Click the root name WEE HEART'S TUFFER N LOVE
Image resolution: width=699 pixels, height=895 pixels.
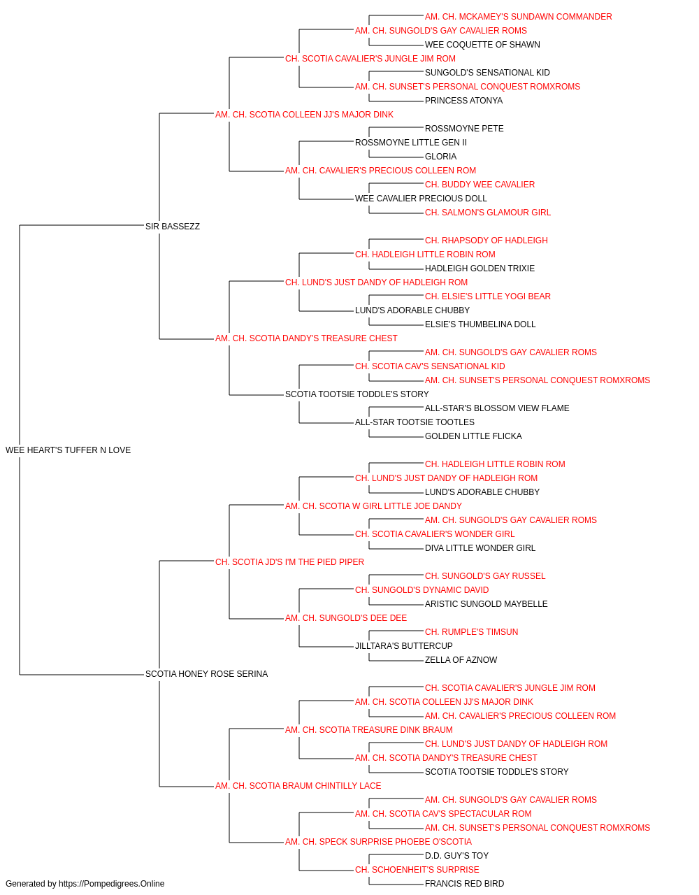[68, 450]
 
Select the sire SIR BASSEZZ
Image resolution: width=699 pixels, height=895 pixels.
[173, 227]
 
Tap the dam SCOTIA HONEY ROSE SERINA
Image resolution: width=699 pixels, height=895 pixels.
[206, 674]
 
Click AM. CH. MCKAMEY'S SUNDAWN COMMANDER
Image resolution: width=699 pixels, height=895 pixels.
[518, 17]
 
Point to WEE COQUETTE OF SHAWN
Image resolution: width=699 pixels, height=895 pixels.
[482, 45]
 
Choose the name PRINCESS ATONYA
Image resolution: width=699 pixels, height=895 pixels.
[463, 101]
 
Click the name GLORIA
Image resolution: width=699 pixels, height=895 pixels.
[440, 157]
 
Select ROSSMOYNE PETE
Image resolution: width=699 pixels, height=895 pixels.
[464, 129]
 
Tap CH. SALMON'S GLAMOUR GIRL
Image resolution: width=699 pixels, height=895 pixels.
[488, 213]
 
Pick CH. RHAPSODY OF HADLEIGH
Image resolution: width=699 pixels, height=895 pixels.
[487, 241]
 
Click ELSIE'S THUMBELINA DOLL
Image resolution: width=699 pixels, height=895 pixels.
[480, 324]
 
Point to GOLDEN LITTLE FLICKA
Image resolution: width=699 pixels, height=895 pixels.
[473, 436]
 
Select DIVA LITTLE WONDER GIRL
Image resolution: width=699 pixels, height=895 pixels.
[480, 548]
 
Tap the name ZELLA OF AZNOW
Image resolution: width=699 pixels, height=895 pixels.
[461, 660]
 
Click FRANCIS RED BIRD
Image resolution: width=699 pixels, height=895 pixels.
[464, 884]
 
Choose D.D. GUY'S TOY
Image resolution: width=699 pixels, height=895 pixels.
[456, 856]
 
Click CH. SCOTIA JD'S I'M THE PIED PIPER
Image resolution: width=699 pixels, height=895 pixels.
[289, 562]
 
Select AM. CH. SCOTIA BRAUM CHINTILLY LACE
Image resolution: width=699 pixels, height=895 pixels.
[298, 786]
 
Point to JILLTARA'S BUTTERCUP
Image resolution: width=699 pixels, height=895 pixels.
[403, 646]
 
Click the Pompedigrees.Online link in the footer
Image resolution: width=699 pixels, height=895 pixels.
[111, 884]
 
